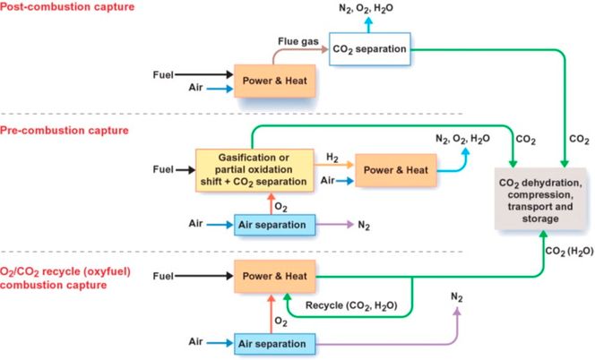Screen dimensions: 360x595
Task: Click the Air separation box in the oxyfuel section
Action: click(x=272, y=343)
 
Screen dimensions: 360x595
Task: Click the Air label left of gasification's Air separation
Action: click(x=199, y=222)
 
